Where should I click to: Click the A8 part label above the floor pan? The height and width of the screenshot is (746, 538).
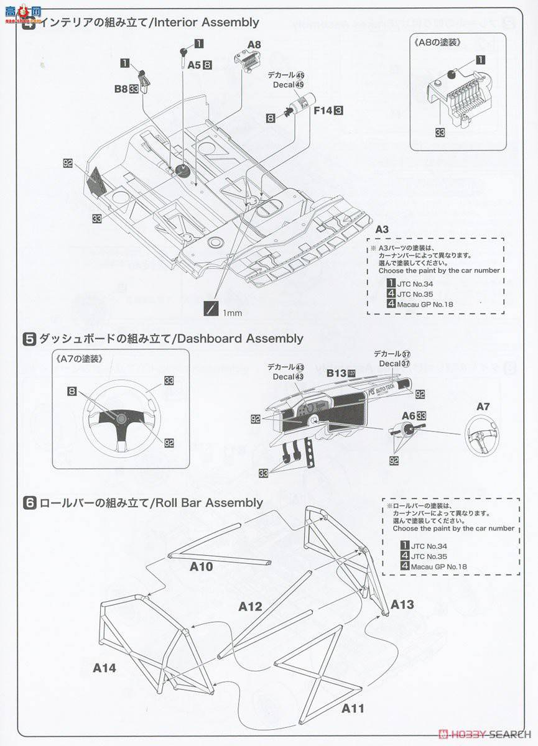254,44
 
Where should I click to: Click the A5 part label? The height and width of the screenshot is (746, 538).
194,64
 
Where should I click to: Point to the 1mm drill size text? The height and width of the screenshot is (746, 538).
232,313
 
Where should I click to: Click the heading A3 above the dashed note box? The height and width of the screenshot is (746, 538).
382,229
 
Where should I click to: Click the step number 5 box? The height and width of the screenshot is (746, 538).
29,339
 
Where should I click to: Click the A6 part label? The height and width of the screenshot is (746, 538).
408,415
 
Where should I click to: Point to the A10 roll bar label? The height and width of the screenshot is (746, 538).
201,566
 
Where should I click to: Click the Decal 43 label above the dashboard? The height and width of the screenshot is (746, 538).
287,377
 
